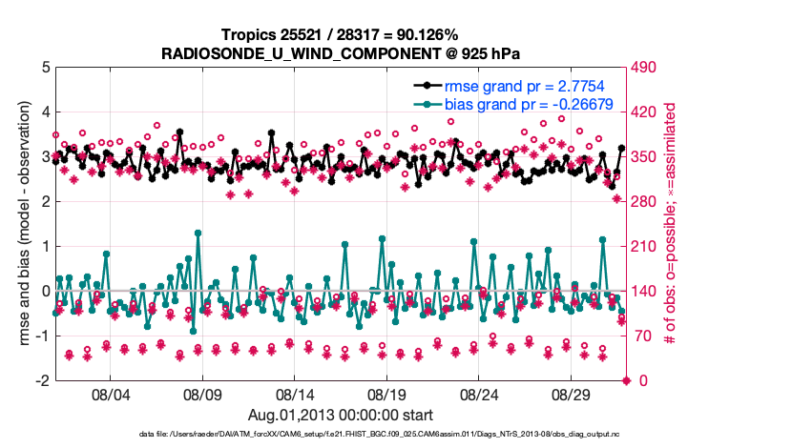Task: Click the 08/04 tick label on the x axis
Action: pos(109,395)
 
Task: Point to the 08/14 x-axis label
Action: pos(295,395)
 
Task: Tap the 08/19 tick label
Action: pos(387,395)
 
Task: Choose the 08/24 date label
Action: pos(480,395)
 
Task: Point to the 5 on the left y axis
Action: pos(45,68)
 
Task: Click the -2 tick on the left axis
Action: pos(42,380)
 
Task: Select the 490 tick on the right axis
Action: pos(647,68)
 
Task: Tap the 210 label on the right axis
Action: pos(647,247)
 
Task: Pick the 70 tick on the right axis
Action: pos(643,336)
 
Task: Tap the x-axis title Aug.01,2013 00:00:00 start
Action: pos(341,415)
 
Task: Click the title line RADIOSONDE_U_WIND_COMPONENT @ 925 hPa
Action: pos(341,51)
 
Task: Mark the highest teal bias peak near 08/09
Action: pos(198,233)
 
